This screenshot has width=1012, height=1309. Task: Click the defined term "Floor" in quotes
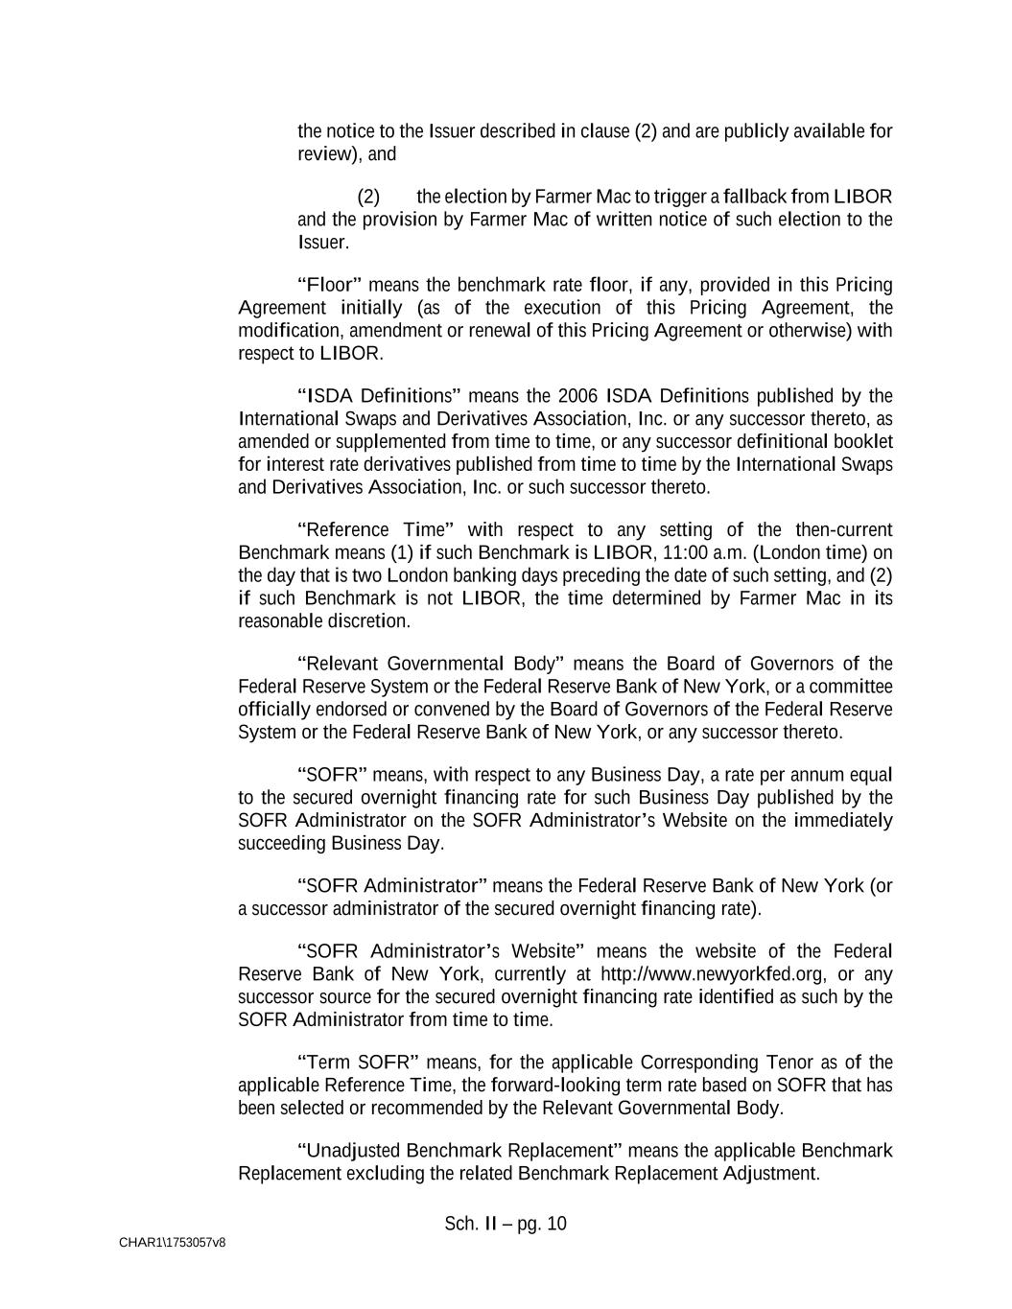point(329,285)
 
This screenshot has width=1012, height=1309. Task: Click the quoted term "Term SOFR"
point(359,1063)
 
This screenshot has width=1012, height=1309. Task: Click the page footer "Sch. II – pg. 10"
point(506,1225)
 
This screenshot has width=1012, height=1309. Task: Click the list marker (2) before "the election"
point(368,198)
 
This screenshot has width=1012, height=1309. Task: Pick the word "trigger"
point(679,198)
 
